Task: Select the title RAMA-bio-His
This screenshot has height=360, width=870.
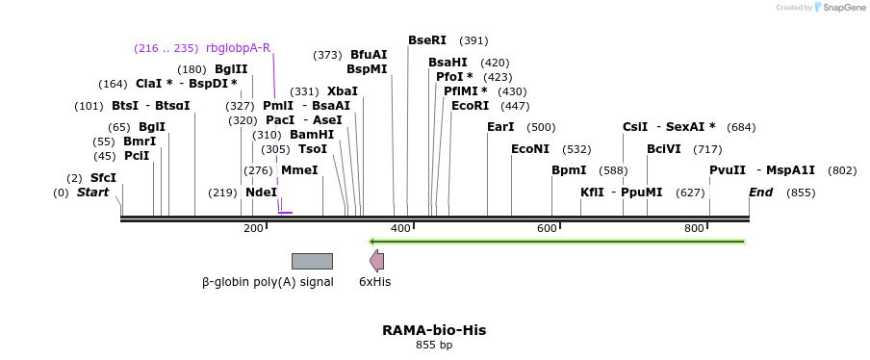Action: (x=434, y=330)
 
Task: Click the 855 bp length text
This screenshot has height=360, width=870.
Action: (x=434, y=345)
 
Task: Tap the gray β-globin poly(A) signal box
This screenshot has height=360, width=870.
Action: (x=312, y=261)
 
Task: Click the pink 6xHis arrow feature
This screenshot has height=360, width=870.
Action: (x=376, y=261)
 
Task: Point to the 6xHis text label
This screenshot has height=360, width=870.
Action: (x=374, y=282)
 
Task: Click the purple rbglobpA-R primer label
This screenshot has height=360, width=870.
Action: (x=238, y=48)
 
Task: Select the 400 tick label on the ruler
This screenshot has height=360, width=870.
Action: (x=400, y=228)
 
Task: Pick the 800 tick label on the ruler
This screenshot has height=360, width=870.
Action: (x=694, y=228)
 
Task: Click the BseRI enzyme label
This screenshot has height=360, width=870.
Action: (x=427, y=40)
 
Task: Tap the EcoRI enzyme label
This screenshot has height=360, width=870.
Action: (x=470, y=106)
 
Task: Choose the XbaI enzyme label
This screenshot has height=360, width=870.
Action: (x=342, y=91)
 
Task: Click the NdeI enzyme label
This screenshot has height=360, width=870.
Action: (x=261, y=193)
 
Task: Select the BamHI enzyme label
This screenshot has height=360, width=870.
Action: (x=312, y=135)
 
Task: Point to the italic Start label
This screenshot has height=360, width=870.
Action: (x=92, y=193)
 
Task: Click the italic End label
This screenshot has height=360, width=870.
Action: (x=760, y=193)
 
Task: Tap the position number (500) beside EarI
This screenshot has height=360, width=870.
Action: (x=541, y=127)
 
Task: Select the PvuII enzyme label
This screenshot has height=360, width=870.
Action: (x=727, y=170)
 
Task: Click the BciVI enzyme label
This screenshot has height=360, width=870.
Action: (x=664, y=149)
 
